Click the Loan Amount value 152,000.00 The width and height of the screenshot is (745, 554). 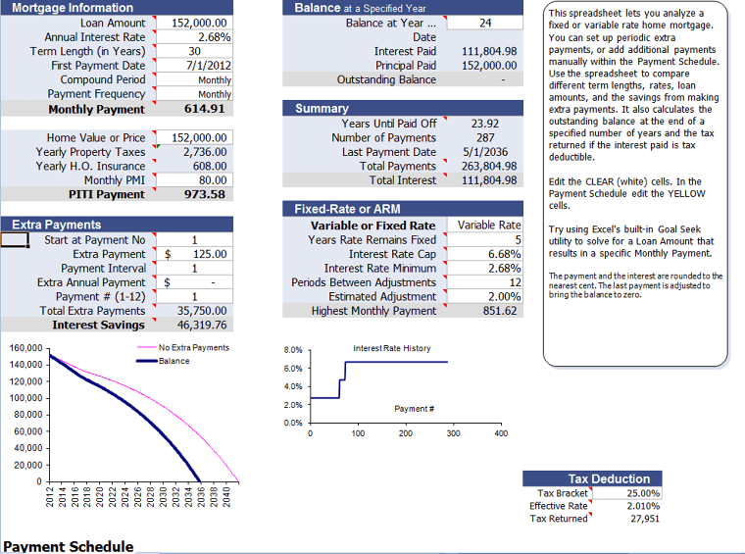[x=200, y=23]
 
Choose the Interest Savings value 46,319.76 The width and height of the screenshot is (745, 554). [x=202, y=325]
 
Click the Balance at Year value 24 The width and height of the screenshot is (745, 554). [x=485, y=23]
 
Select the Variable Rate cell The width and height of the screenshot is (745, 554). [x=488, y=226]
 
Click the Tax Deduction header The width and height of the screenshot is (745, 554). [x=609, y=478]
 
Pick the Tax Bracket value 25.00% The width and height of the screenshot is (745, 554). [x=642, y=493]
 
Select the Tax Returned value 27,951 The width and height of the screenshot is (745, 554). [x=644, y=519]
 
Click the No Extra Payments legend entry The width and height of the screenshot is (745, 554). [x=193, y=347]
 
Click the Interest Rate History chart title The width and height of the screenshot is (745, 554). [x=391, y=348]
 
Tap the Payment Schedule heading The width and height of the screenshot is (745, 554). [x=68, y=546]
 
